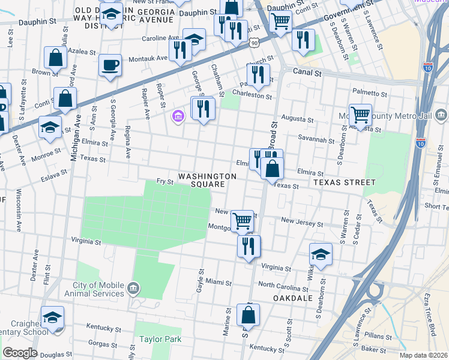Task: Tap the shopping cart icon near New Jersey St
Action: (242, 221)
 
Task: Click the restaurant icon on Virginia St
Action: (249, 246)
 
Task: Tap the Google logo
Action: (20, 353)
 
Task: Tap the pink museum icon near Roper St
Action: (178, 115)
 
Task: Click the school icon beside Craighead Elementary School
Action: (52, 318)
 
